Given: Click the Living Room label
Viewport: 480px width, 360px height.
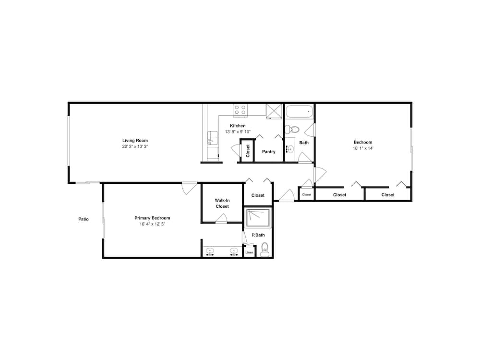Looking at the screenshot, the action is pos(135,141).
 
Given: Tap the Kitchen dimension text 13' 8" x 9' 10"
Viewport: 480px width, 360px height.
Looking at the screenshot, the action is pos(238,132).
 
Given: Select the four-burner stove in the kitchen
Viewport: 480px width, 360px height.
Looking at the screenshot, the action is pos(240,110).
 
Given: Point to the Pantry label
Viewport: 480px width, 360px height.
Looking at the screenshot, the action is pos(268,152).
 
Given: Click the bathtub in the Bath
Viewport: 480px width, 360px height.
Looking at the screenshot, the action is pos(300,112).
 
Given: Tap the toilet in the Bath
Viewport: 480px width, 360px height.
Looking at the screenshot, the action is pos(292,130).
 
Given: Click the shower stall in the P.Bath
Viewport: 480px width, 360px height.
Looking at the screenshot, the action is pos(258,218).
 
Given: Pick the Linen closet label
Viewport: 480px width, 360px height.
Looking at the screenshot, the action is pos(249,252).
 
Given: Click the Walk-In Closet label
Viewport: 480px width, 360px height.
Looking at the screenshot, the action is pos(222,203).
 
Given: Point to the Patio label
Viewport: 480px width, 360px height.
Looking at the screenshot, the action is pos(84,219).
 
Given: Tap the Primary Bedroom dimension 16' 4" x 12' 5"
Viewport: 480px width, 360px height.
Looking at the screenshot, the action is pos(153,224).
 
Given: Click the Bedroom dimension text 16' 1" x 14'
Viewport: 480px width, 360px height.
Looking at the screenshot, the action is pos(363,148).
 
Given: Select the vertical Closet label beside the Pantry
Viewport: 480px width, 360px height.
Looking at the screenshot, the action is pos(248,151).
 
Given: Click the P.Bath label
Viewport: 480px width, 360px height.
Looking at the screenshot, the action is pos(258,235).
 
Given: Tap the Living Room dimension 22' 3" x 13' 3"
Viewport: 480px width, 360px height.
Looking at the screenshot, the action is pos(135,146).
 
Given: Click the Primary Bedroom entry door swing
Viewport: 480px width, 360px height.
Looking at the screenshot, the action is pos(189,189).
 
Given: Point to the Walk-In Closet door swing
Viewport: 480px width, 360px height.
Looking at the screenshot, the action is pos(221,218).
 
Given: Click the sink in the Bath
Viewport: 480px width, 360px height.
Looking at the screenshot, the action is pos(290,149).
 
